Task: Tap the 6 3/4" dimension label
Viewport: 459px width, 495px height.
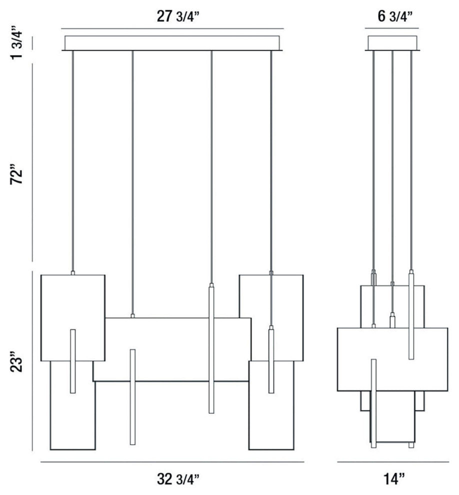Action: pos(394,16)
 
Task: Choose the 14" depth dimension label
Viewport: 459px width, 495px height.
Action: pos(394,479)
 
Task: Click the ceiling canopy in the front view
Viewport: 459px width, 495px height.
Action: pos(172,43)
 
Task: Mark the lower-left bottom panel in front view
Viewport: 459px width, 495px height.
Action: pos(60,415)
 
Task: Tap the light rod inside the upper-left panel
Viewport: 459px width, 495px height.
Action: pos(73,361)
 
